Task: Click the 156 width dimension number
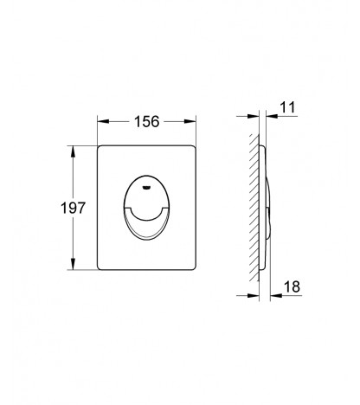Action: (147, 121)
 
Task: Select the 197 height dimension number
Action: (74, 208)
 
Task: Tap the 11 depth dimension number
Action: (287, 107)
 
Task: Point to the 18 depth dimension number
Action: (292, 286)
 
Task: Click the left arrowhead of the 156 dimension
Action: (103, 121)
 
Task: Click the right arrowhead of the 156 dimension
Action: (190, 121)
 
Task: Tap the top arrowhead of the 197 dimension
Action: (73, 151)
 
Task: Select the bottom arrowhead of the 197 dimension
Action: (73, 264)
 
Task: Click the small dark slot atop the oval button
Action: (147, 188)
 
